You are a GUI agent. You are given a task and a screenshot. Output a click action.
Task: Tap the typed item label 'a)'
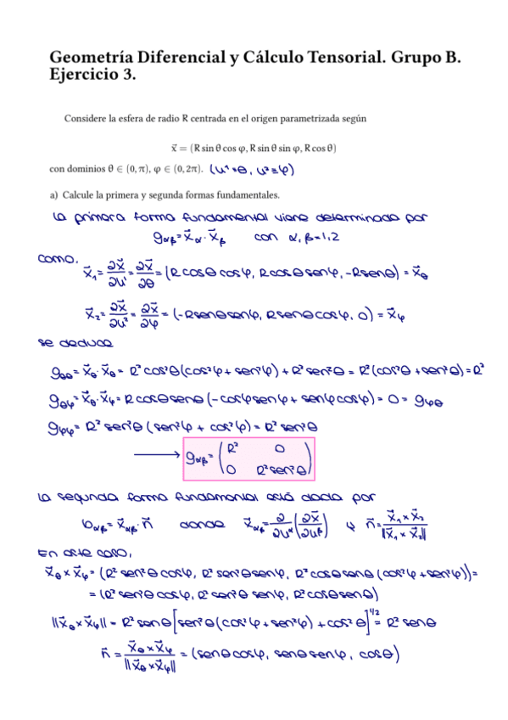(54, 196)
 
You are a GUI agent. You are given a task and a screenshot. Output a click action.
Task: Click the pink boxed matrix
(249, 458)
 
